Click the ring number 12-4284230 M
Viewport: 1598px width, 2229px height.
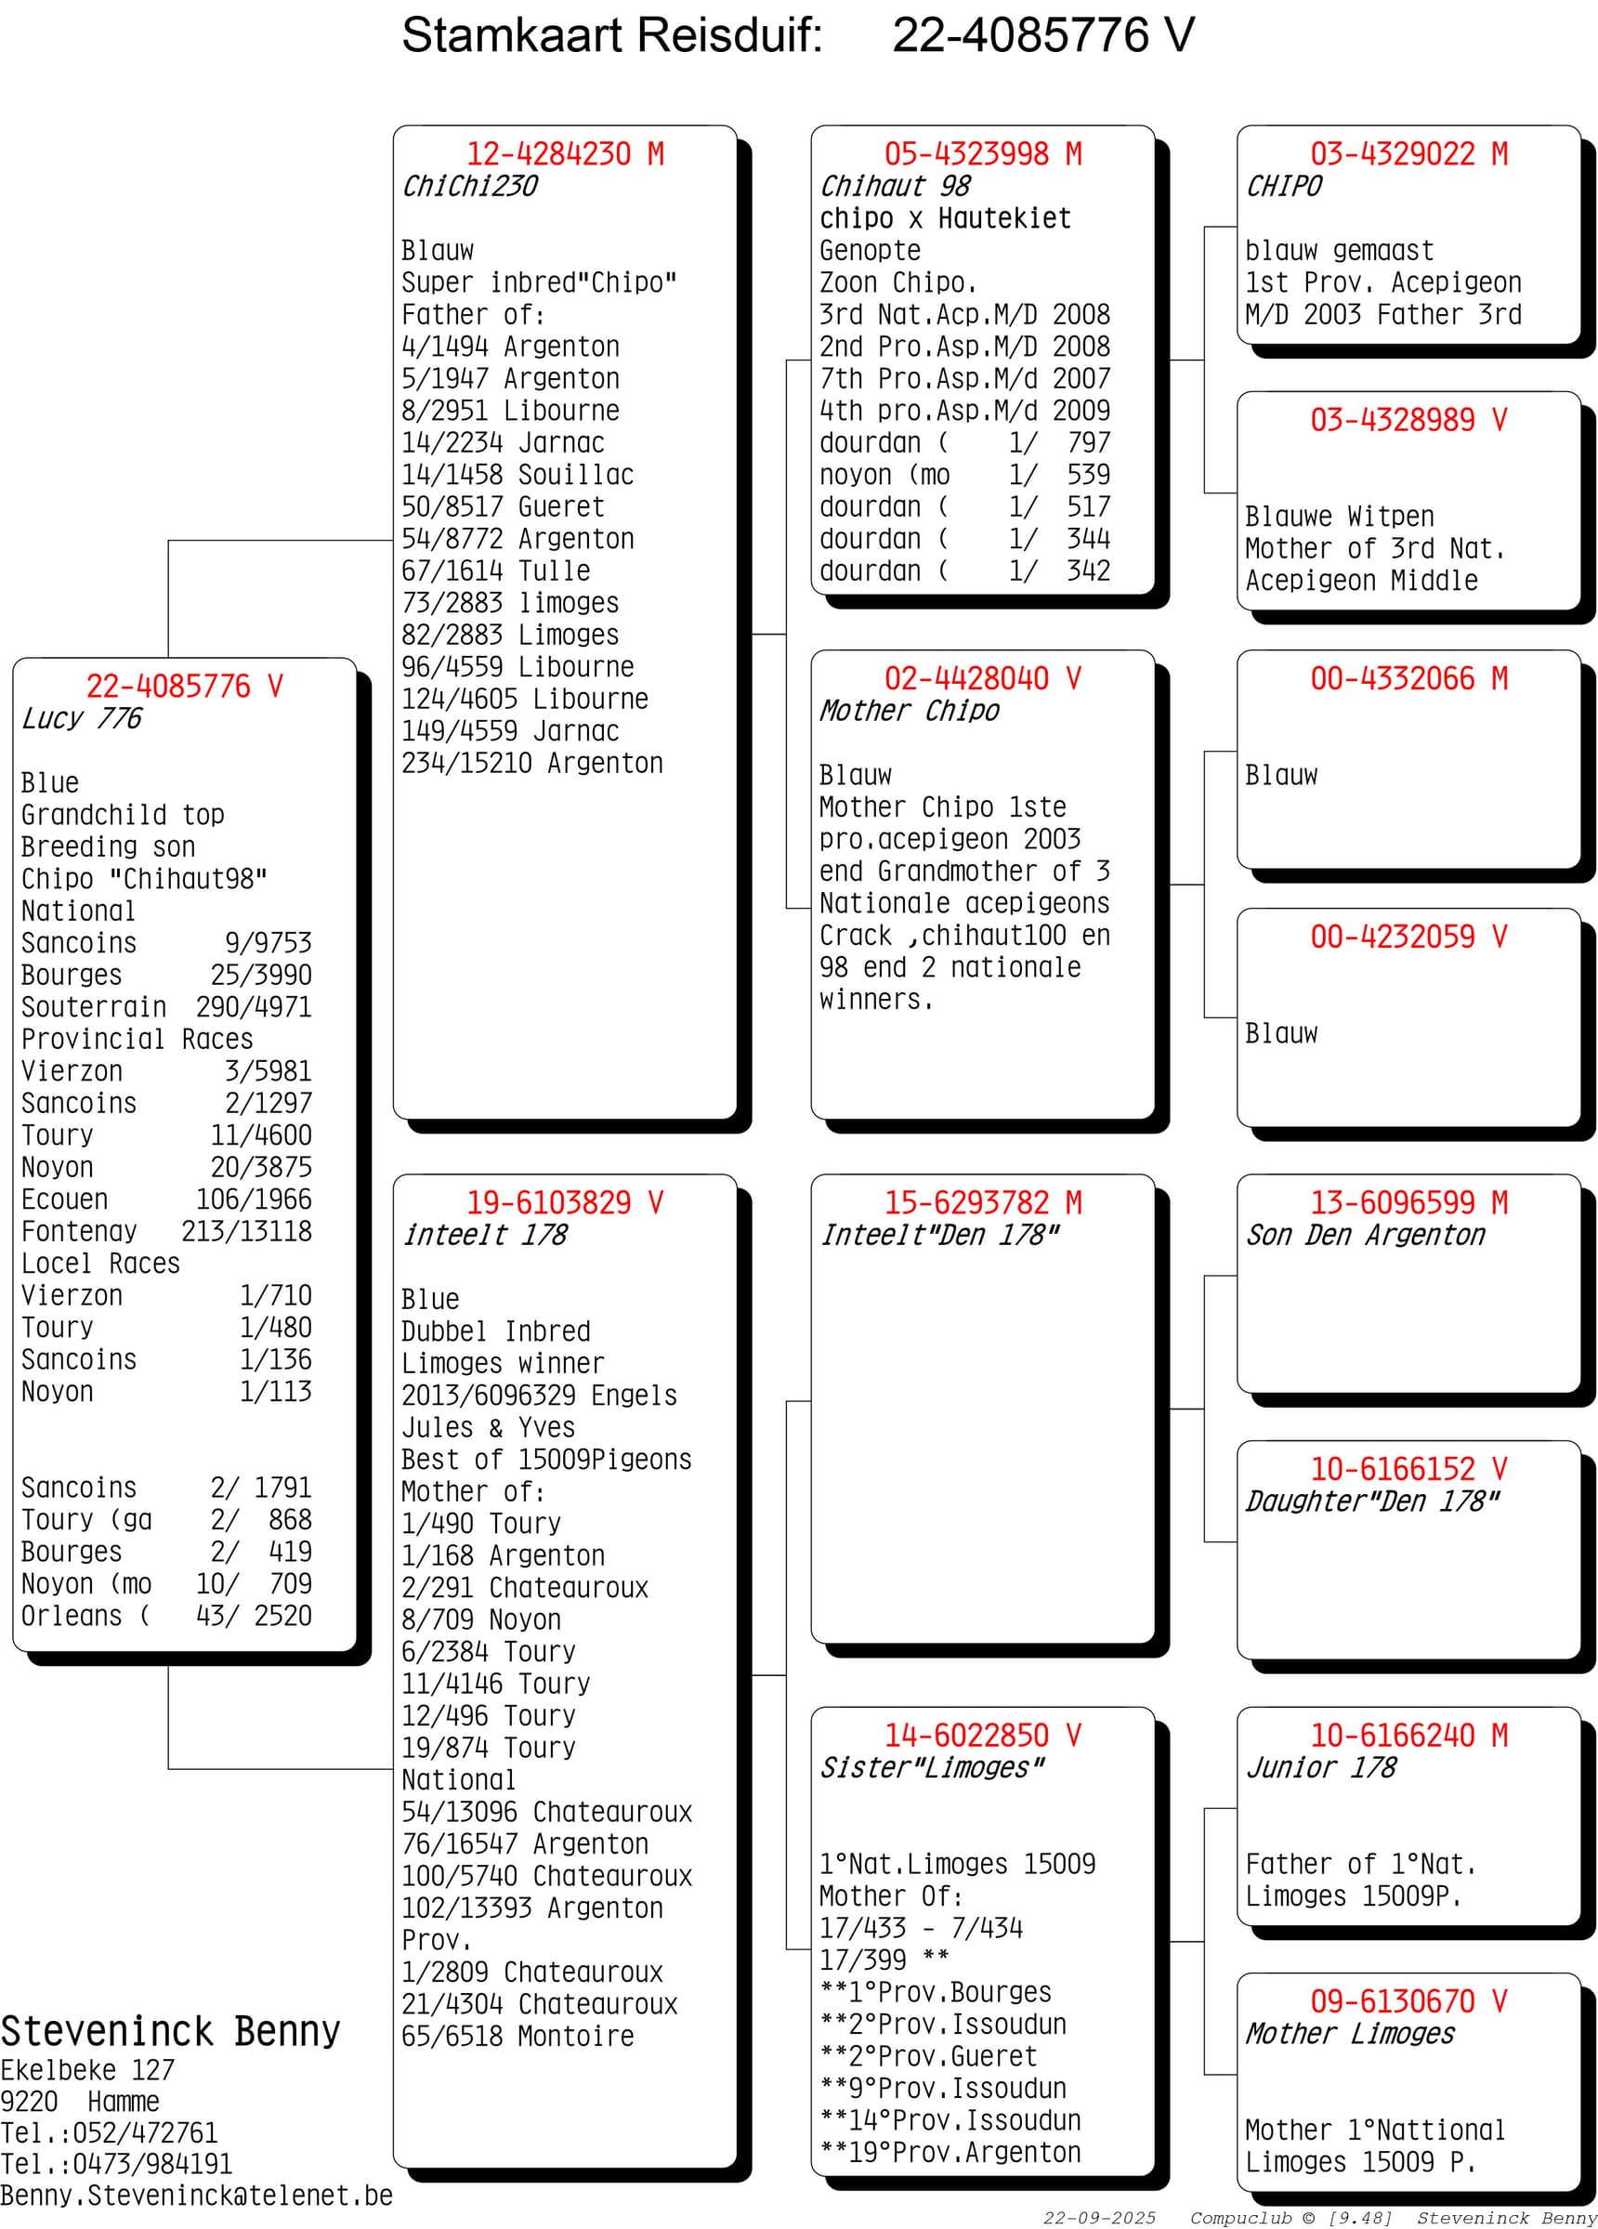tap(565, 154)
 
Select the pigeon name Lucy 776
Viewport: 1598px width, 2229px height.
tap(82, 718)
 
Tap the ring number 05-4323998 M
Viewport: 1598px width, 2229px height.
tap(983, 154)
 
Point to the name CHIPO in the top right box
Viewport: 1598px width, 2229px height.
tap(1284, 186)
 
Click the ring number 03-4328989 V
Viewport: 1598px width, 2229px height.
tap(1408, 421)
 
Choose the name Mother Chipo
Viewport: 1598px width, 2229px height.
tap(909, 711)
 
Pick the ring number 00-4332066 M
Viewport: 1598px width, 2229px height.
tap(1408, 679)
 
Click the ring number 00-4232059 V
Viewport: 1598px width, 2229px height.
tap(1408, 937)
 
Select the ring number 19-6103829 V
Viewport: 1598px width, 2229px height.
tap(565, 1203)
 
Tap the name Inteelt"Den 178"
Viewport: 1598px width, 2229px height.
tap(939, 1236)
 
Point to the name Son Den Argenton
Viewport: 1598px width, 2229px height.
tap(1365, 1236)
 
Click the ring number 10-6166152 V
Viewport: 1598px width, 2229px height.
tap(1408, 1469)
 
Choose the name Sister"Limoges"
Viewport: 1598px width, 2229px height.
tap(932, 1768)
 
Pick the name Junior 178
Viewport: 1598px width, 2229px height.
tap(1321, 1768)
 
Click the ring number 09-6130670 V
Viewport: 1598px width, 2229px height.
tap(1408, 2002)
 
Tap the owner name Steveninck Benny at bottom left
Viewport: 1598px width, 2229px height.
tap(170, 2031)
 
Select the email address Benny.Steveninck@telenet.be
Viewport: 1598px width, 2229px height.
tap(197, 2196)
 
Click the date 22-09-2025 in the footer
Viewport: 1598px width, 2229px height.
tap(1099, 2218)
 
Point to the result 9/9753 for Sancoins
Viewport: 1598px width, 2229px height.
tap(269, 943)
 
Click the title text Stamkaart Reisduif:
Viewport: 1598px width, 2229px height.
tap(612, 35)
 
